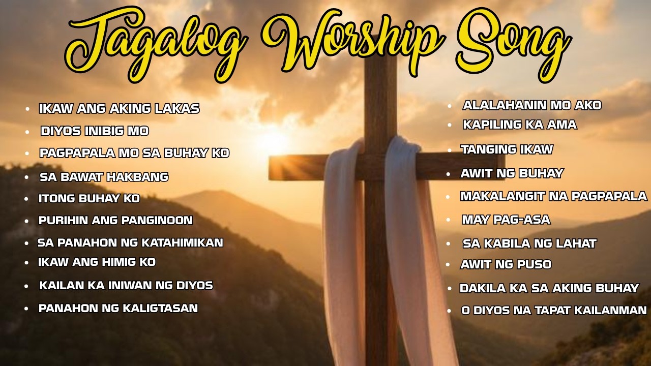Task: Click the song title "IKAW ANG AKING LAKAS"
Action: pos(119,109)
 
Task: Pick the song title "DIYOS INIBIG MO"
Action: pos(95,131)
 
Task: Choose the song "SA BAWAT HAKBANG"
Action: pos(104,177)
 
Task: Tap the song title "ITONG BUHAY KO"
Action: pos(89,199)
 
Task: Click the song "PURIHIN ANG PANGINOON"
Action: pos(115,221)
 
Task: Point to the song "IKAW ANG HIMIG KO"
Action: pos(97,262)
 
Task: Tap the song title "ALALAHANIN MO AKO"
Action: pos(532,105)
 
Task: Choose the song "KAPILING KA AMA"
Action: pos(519,125)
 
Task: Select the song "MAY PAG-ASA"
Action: pos(506,220)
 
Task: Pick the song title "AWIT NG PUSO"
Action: pos(506,264)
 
